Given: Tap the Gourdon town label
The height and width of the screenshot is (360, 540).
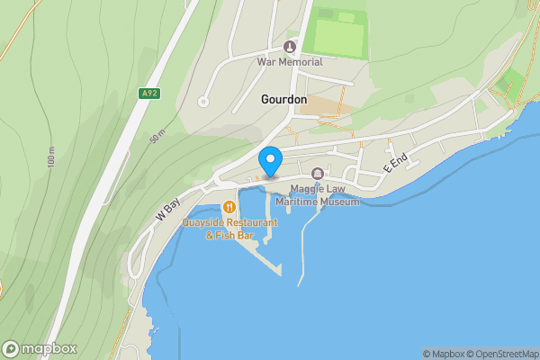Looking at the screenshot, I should tap(283, 99).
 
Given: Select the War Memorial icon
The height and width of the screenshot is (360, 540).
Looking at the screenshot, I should tap(290, 47).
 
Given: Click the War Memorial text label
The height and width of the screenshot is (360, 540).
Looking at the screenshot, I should tap(290, 62).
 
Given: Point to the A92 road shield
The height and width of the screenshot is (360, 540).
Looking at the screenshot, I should tap(150, 92).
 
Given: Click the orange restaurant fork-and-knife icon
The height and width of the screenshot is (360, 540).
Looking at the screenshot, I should tap(229, 208).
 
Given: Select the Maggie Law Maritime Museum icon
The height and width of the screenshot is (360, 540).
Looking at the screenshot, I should tap(317, 174).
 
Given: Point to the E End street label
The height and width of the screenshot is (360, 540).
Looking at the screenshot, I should tap(395, 163).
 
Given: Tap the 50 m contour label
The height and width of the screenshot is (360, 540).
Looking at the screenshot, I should tap(158, 139).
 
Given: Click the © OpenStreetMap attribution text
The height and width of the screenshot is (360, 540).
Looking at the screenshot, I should tap(503, 354).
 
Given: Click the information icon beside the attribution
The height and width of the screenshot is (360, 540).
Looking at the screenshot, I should tap(416, 354).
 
